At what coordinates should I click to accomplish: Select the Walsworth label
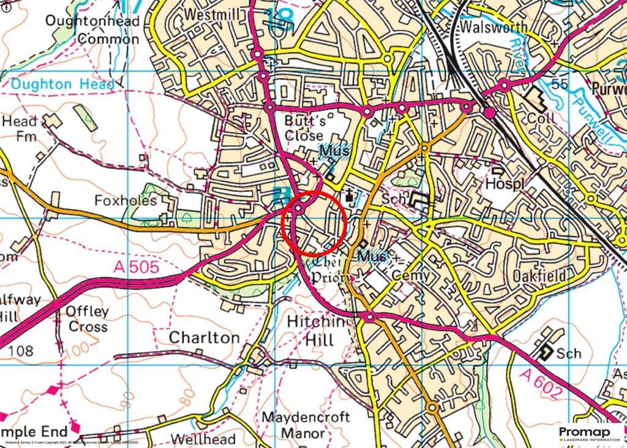click(493, 28)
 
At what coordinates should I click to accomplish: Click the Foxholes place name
click(126, 201)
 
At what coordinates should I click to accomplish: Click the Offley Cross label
click(88, 319)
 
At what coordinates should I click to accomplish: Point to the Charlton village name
click(204, 338)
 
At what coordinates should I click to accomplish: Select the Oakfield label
click(539, 276)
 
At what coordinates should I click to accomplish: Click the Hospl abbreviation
click(502, 184)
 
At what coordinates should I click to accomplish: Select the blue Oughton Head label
click(62, 85)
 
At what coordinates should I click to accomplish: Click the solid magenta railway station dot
click(489, 113)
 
